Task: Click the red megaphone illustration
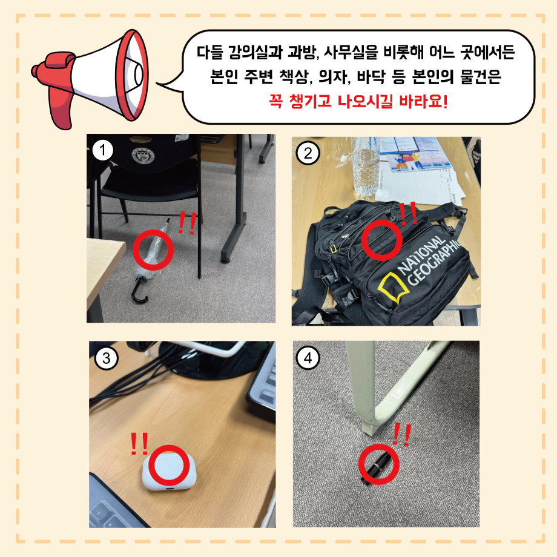91,78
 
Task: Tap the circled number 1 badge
103,150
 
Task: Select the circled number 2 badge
308,153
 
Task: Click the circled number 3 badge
106,358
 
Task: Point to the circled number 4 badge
308,358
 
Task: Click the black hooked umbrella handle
139,291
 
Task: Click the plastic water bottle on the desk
366,167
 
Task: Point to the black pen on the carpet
377,468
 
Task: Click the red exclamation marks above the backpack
409,213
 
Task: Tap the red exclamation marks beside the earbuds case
139,443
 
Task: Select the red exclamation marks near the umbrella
187,223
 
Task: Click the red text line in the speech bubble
358,102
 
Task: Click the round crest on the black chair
143,155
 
